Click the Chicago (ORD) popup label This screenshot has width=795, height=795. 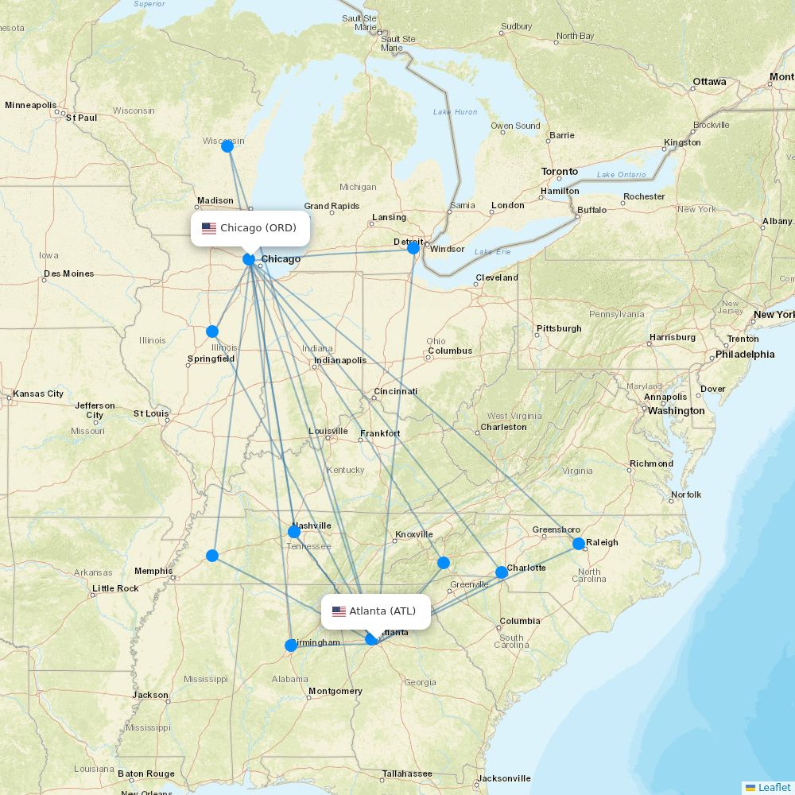coord(250,228)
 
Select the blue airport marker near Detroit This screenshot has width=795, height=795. coord(413,248)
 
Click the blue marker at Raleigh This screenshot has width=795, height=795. coord(579,544)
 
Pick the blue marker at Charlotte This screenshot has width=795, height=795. coord(502,572)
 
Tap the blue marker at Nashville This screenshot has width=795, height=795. coord(294,532)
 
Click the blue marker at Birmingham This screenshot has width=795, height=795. coord(290,646)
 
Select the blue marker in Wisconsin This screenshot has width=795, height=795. coord(227,145)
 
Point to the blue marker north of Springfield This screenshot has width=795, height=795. coord(212,332)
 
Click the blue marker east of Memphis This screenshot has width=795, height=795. coord(212,556)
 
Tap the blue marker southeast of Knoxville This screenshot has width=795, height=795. coord(444,563)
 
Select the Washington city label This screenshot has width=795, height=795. coord(676,411)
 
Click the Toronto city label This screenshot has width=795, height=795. coord(560,172)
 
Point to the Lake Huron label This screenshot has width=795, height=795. coord(456,112)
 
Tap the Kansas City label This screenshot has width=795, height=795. coord(38,394)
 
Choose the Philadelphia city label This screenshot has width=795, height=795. coord(744,355)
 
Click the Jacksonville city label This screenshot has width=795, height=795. coord(504,778)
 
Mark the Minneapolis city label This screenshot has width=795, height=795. coord(31,105)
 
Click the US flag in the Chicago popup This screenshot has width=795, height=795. coord(209,228)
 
